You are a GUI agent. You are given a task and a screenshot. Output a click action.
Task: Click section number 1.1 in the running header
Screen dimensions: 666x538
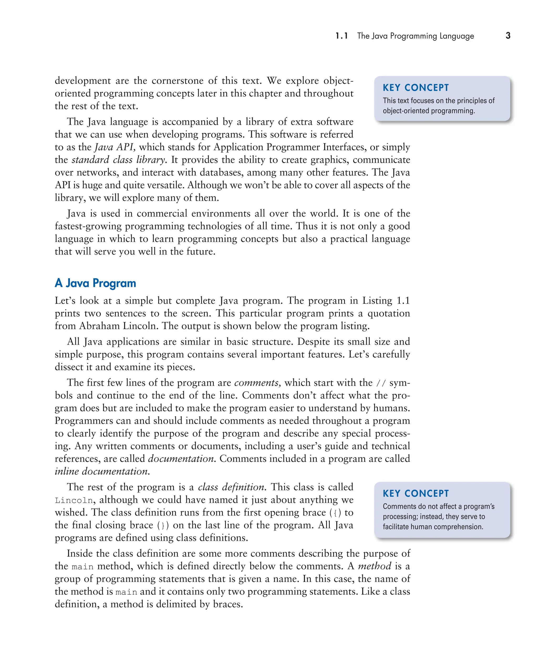[x=342, y=36]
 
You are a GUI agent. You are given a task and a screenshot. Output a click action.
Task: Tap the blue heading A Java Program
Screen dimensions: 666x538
[x=95, y=283]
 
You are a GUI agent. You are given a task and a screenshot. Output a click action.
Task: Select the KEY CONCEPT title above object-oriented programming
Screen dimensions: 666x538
[x=416, y=88]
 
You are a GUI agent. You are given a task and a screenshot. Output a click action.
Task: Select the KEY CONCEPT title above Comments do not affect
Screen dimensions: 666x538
[x=416, y=493]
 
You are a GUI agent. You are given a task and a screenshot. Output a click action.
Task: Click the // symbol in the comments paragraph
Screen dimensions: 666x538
[x=381, y=383]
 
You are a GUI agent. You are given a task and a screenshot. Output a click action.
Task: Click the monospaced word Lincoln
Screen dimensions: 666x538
[x=74, y=500]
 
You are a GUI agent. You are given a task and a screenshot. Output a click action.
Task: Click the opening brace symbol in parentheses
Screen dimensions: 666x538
[x=335, y=513]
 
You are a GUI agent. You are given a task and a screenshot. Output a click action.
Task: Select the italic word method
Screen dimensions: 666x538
[x=374, y=566]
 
